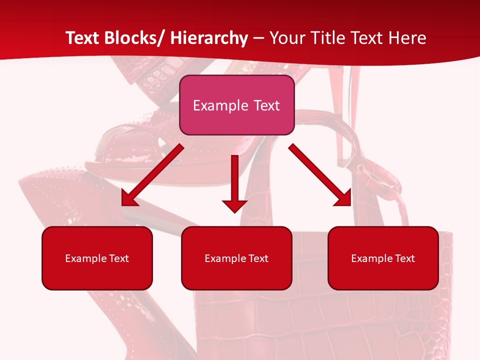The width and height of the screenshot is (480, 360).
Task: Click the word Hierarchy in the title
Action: tap(209, 38)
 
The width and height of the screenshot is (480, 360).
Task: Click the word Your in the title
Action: tap(287, 38)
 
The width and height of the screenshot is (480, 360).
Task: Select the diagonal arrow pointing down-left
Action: tap(152, 175)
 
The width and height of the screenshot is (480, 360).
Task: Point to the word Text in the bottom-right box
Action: tap(404, 258)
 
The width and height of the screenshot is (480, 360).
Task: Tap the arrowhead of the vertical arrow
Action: tap(234, 205)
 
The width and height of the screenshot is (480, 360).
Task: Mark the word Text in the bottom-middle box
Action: tap(257, 258)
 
